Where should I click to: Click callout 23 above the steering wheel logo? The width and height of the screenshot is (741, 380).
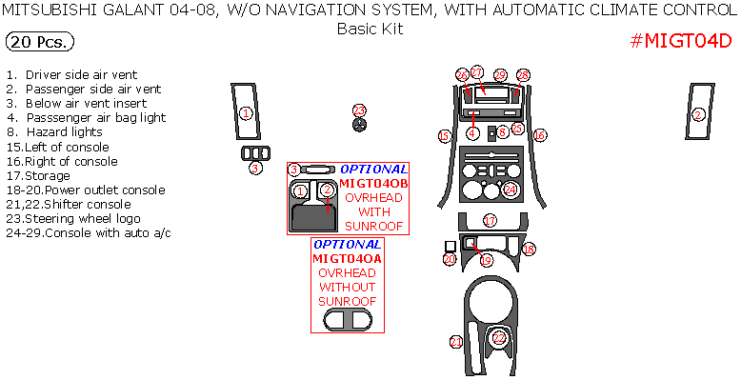(x=359, y=110)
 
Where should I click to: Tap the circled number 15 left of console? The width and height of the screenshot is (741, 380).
(x=444, y=137)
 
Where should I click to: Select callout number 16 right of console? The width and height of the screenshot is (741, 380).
(x=539, y=137)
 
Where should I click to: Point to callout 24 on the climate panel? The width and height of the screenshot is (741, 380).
(x=511, y=190)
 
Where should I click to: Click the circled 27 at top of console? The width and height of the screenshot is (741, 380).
(x=477, y=72)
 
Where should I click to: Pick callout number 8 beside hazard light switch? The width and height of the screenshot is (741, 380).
(x=502, y=133)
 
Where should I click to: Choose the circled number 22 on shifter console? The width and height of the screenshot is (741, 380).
(x=499, y=338)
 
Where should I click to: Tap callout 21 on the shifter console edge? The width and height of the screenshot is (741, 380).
(x=456, y=342)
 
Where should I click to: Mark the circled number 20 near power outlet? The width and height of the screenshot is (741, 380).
(x=451, y=259)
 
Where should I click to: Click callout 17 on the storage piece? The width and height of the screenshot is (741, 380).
(x=490, y=220)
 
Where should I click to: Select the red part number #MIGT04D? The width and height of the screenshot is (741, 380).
(x=681, y=43)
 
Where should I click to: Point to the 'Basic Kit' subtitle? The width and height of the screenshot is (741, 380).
(x=370, y=29)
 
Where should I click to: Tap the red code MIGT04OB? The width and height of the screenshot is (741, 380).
(x=373, y=183)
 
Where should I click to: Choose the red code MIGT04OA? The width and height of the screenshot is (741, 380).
(x=347, y=258)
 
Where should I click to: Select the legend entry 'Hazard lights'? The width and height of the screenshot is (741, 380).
(x=64, y=132)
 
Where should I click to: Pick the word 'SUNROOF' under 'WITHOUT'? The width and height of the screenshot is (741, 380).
(x=347, y=301)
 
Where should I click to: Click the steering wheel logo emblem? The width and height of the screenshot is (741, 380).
(x=359, y=127)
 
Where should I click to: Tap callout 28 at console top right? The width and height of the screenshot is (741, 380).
(x=523, y=75)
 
